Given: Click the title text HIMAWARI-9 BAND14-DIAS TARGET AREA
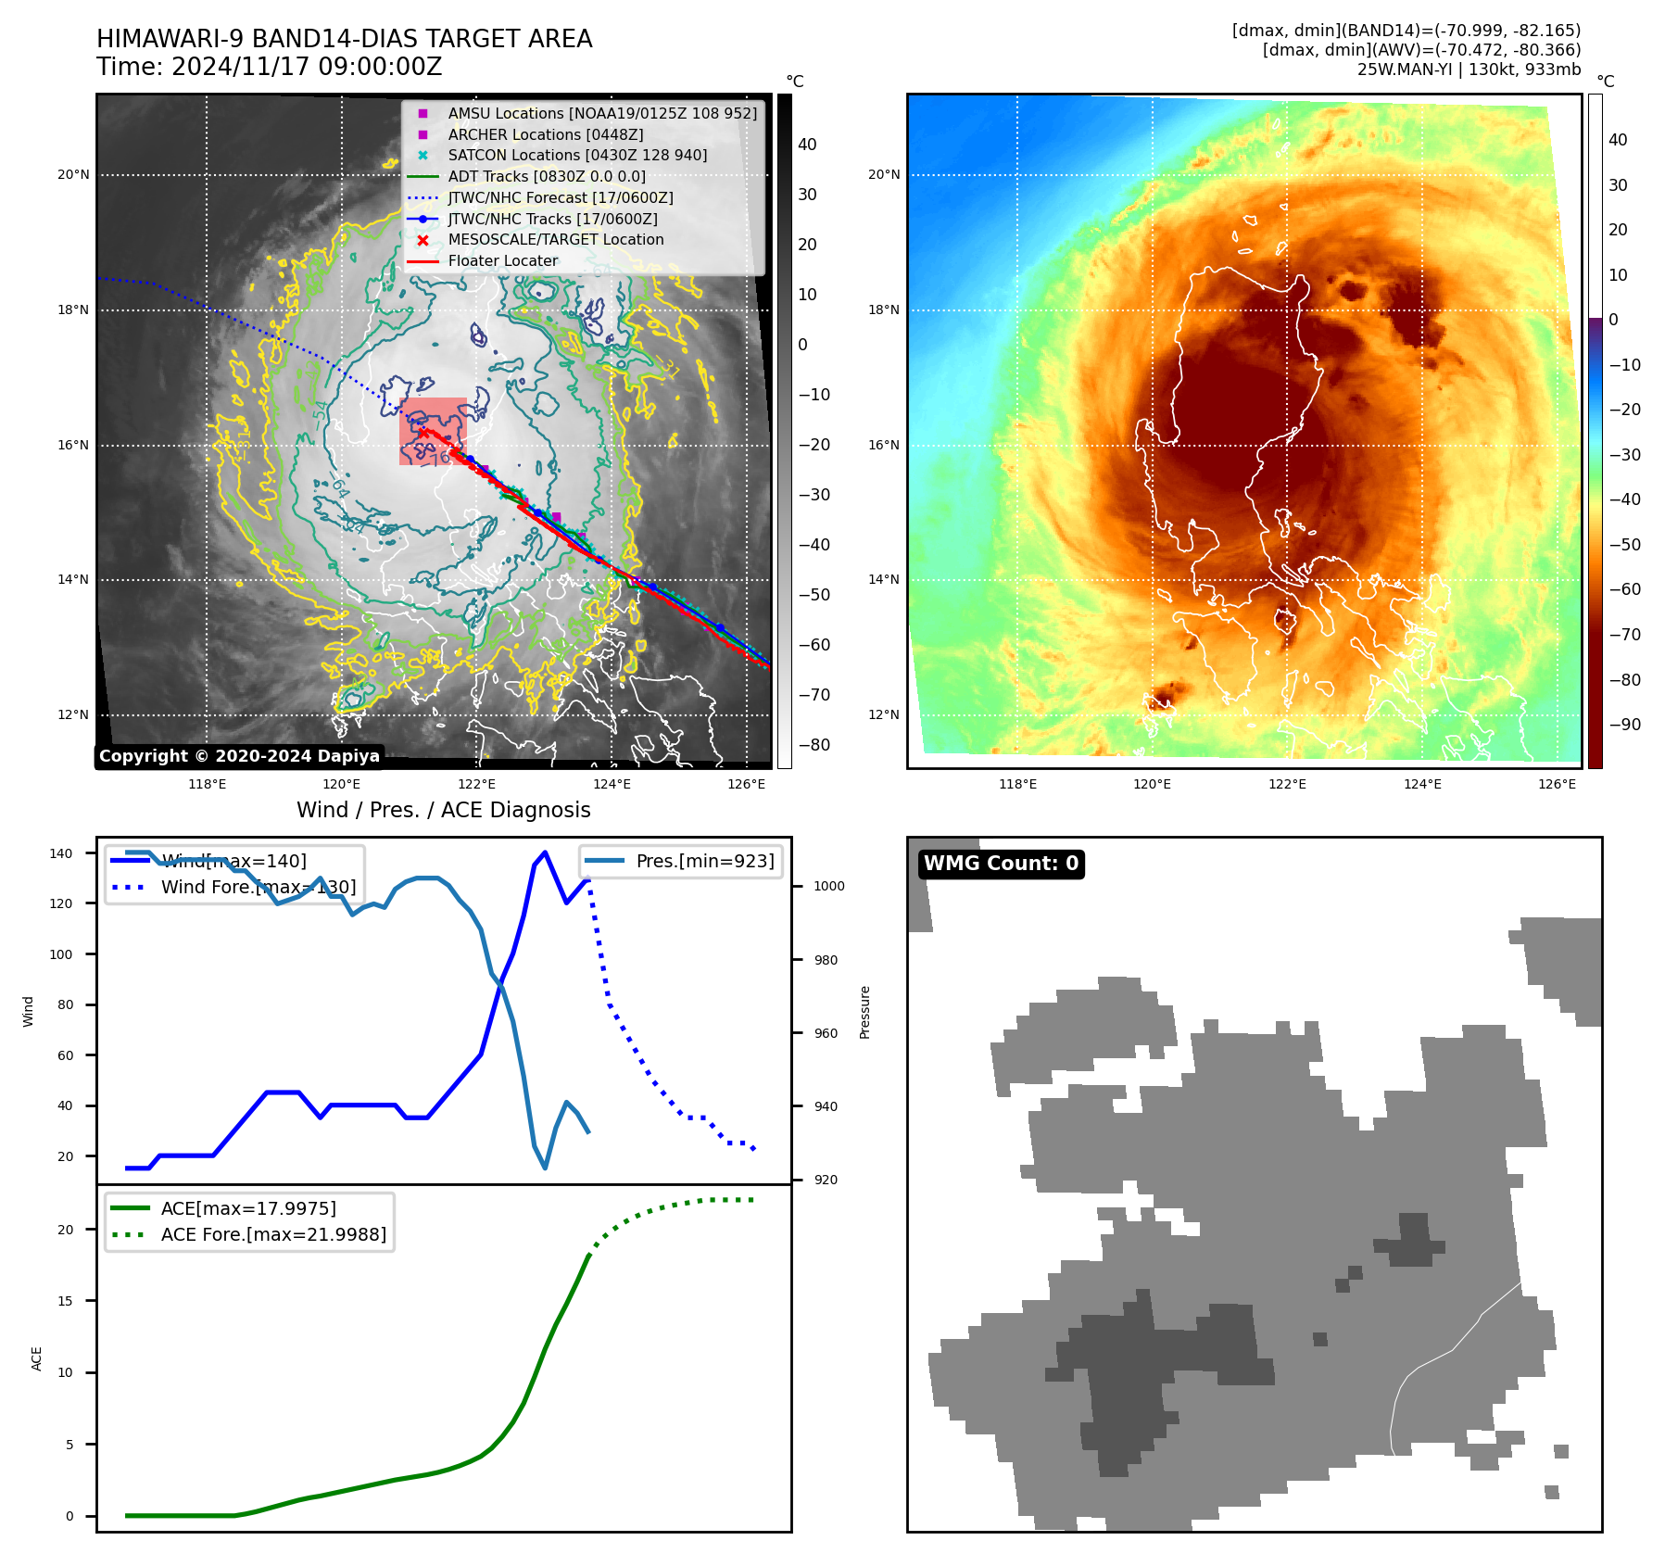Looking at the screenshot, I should click(x=344, y=39).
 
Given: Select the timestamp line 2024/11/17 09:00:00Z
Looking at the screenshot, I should click(x=269, y=68).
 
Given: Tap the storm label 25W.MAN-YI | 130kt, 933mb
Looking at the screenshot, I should click(x=1469, y=69).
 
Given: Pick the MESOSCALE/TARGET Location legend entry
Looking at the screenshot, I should click(x=555, y=240).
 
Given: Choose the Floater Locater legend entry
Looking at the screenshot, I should click(x=502, y=261).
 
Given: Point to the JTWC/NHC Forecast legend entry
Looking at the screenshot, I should click(x=560, y=198).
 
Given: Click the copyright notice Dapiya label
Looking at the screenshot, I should click(x=239, y=756).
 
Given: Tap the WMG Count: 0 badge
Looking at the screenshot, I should click(x=1001, y=864).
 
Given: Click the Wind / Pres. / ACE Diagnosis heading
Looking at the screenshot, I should click(x=443, y=810).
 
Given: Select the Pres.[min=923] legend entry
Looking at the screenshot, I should click(x=704, y=861).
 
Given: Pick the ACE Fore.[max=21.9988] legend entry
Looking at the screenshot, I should click(x=272, y=1234).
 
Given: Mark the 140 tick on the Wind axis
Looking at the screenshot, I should click(x=61, y=853).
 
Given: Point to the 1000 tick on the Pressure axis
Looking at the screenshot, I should click(x=828, y=886).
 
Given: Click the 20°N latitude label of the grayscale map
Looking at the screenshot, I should click(x=73, y=175).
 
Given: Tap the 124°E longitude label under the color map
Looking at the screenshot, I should click(x=1421, y=784).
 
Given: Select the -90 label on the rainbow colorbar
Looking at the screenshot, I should click(x=1623, y=725).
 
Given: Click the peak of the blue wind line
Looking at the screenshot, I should click(x=545, y=852).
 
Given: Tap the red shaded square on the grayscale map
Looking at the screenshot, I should click(x=433, y=431).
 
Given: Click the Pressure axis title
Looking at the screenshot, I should click(x=864, y=1012).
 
